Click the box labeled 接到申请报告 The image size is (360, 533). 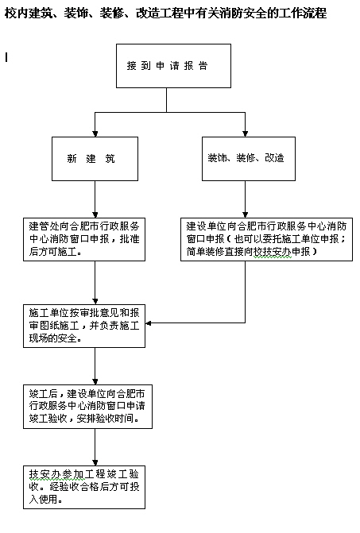(173, 66)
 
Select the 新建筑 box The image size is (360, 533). (95, 159)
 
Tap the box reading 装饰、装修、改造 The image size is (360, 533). (249, 159)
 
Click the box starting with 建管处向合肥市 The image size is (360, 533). (84, 239)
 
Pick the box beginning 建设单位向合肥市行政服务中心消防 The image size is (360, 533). (266, 239)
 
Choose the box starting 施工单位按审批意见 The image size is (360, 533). (84, 326)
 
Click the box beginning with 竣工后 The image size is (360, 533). (87, 407)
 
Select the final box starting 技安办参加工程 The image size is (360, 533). (84, 487)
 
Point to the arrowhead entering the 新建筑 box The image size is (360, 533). (95, 133)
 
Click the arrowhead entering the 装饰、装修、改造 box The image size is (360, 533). (245, 133)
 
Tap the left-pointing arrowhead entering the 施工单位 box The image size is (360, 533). (149, 323)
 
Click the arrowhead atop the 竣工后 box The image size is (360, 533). (95, 382)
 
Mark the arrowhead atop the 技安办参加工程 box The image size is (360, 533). (95, 462)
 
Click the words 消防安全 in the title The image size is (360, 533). (234, 13)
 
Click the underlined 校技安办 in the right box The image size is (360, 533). (273, 251)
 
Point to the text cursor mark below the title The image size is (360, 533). (6, 57)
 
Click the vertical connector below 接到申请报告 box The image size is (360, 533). (167, 100)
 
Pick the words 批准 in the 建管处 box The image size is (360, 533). (130, 238)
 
